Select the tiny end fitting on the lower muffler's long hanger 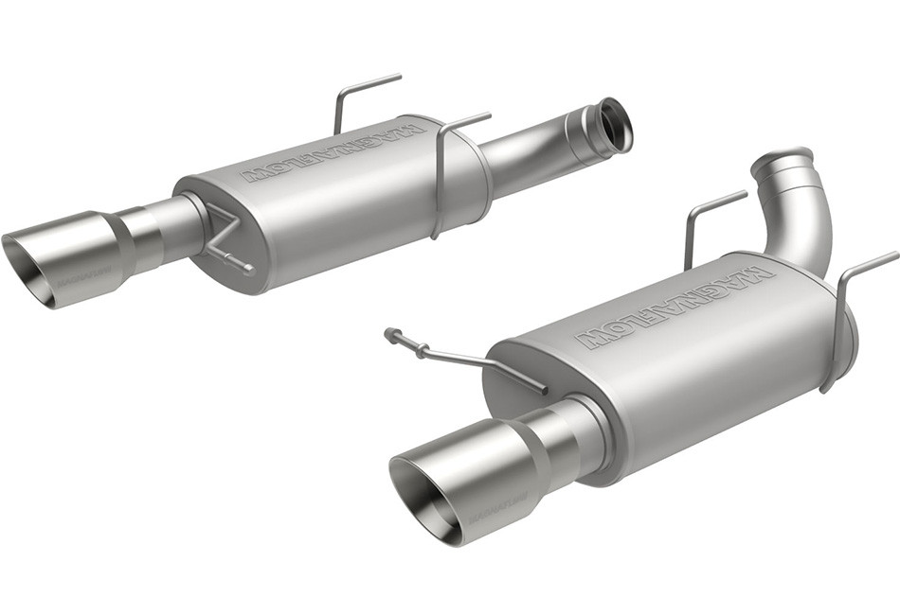pos(391,333)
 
